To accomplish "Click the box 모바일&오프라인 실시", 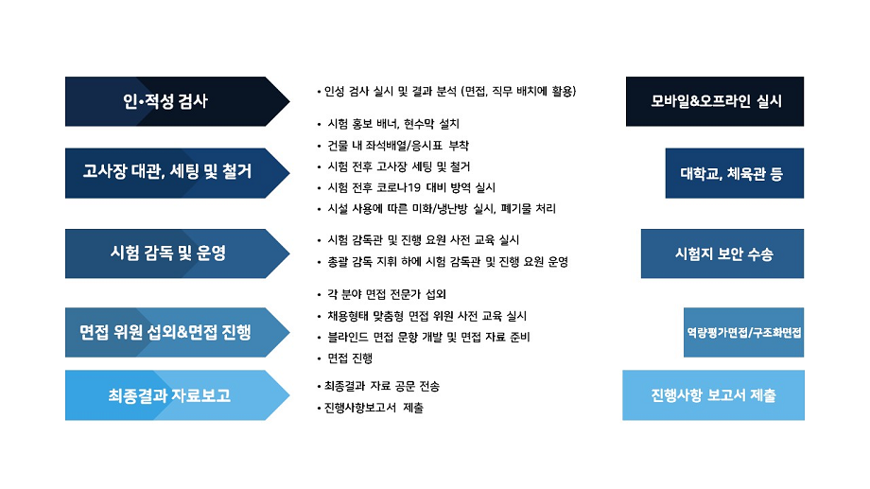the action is [715, 101].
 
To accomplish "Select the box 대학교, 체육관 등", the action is [735, 173].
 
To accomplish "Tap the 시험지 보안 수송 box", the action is [722, 253].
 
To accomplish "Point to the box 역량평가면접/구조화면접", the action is [743, 333].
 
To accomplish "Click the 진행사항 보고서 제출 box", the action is [714, 395].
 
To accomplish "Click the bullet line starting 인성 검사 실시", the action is [446, 91].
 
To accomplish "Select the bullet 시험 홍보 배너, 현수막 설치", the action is [389, 124].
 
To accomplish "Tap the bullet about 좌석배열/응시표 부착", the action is [392, 146].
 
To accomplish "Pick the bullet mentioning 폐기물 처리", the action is [436, 209].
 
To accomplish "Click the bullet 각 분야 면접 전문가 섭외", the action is [382, 294].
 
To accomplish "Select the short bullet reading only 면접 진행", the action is [345, 358].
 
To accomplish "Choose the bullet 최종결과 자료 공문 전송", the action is [378, 386].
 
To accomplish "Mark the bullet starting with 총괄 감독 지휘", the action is [443, 262].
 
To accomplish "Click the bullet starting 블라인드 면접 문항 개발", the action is [424, 337].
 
